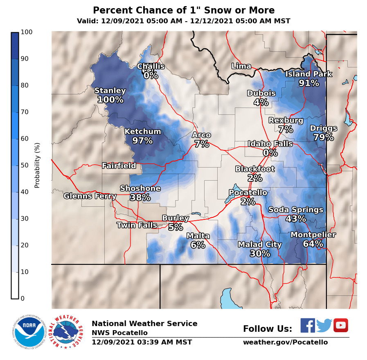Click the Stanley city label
(110, 91)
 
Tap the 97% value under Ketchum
(142, 141)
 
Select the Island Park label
(308, 74)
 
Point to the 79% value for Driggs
(323, 137)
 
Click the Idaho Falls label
(270, 144)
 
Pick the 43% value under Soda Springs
(295, 219)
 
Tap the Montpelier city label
(313, 235)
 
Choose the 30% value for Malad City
(260, 253)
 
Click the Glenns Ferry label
(90, 196)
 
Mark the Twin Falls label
(137, 225)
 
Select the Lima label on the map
(241, 66)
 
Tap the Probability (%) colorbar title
(37, 165)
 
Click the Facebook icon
(308, 325)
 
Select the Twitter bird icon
(324, 325)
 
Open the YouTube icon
(340, 325)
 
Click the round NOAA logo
(29, 331)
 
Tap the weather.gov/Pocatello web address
(285, 342)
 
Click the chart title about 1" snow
(184, 11)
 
